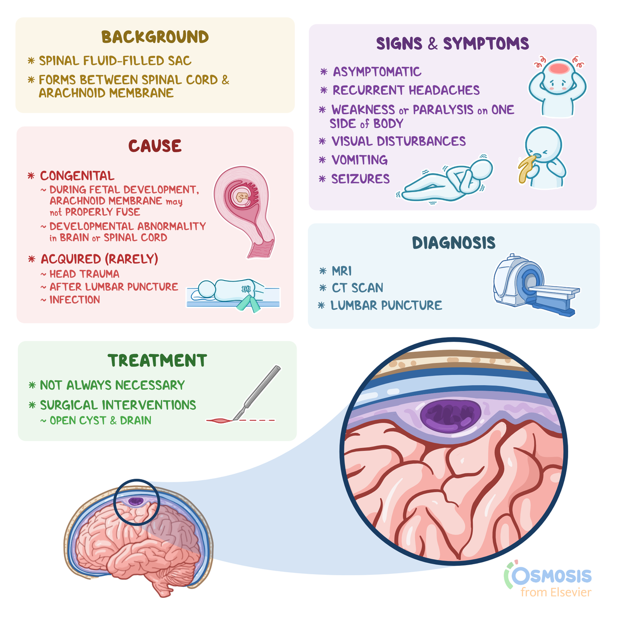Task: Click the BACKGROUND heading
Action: (155, 37)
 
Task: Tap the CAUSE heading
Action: (155, 146)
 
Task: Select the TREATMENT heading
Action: (157, 361)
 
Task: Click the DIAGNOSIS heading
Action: (454, 243)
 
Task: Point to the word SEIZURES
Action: (361, 179)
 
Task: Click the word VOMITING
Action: (360, 160)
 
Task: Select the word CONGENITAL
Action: (77, 176)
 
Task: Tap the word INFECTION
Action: (75, 300)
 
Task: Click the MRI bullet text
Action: (342, 272)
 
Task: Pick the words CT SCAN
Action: (358, 288)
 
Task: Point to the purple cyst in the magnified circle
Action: (451, 415)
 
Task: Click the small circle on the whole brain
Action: (136, 502)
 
